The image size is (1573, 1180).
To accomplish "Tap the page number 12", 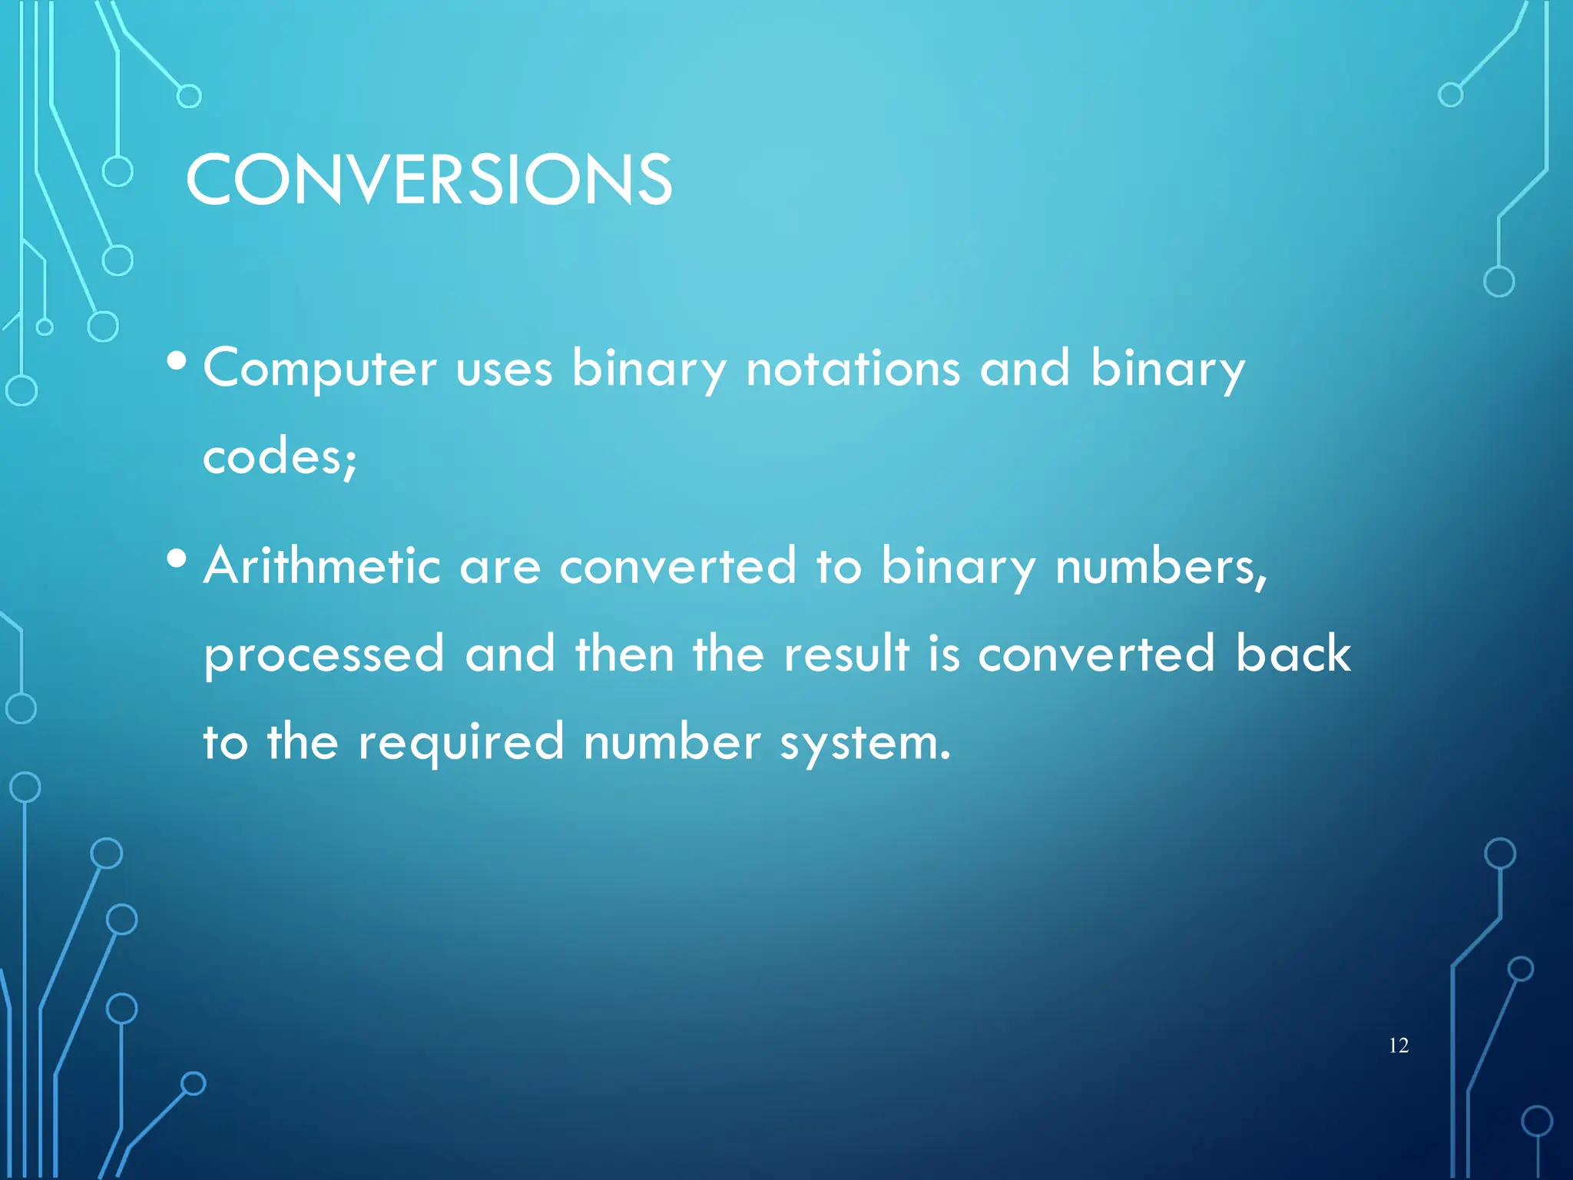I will point(1399,1046).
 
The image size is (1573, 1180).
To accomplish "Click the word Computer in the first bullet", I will point(320,368).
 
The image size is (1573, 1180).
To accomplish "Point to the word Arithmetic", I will point(322,566).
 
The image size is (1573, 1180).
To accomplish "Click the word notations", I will point(853,368).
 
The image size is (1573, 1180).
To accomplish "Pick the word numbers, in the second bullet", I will point(1161,568).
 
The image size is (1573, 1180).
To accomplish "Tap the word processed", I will point(324,655).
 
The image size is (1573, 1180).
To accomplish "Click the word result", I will point(846,654).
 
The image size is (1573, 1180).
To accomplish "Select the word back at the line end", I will point(1293,654).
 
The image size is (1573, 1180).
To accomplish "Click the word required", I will point(461,742).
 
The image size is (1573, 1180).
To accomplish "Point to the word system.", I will point(865,744).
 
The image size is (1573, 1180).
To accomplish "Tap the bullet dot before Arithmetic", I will point(177,559).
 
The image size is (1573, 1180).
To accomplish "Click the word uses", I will point(504,370).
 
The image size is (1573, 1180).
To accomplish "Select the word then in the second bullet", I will point(624,654).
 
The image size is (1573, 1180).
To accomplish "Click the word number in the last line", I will point(671,742).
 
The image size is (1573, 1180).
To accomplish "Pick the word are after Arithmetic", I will point(499,568).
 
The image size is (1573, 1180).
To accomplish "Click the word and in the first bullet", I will point(1024,368).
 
